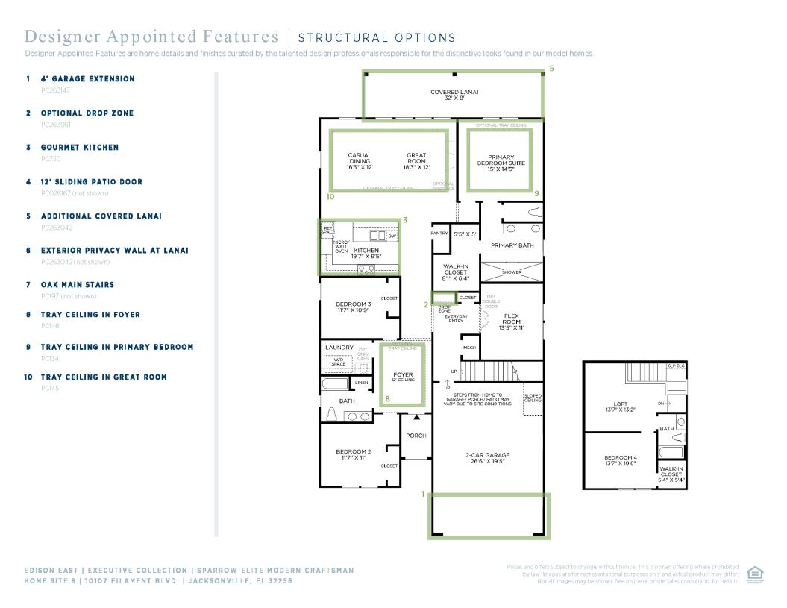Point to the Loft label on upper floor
619,407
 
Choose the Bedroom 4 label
620,460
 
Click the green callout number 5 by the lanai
551,69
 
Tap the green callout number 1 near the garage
423,493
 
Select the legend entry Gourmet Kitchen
79,148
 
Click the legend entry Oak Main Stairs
78,285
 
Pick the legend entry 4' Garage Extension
87,79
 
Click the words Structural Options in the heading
376,38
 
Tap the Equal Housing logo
755,575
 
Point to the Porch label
416,436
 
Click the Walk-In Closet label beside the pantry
455,269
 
